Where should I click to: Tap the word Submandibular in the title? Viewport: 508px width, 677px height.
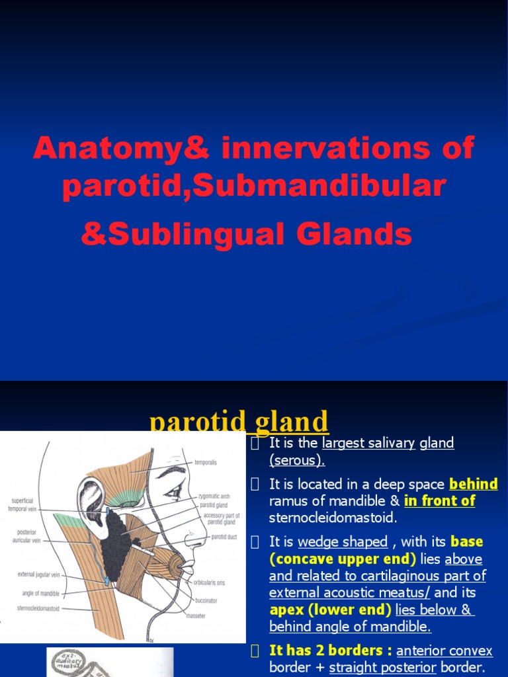click(319, 187)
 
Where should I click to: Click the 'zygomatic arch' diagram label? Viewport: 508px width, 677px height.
click(213, 495)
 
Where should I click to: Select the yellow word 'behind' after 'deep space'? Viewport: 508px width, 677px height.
click(473, 485)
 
